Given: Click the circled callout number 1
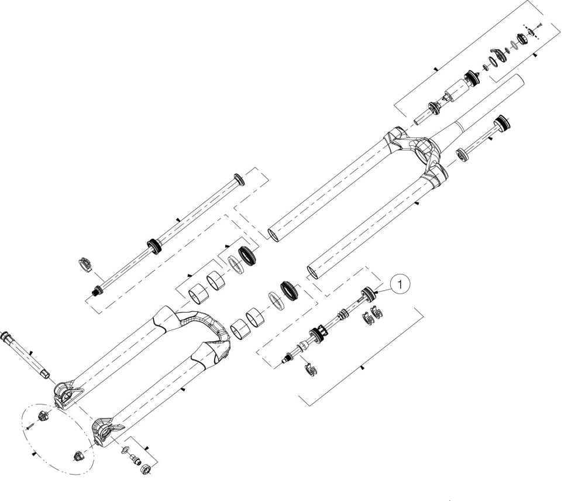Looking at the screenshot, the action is pos(400,284).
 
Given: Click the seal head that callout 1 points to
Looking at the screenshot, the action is pos(369,292).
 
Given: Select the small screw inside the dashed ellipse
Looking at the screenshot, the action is pos(32,425).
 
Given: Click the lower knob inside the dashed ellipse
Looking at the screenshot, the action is pos(77,456).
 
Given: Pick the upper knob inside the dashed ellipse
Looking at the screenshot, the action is pos(44,416).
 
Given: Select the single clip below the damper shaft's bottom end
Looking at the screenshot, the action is pos(310,369).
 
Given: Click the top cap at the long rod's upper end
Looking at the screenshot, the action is pos(239,179).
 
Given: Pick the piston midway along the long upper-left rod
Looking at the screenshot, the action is pos(154,246).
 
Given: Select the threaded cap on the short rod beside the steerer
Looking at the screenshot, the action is pos(502,123).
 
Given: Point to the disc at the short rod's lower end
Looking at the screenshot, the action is pos(463,155).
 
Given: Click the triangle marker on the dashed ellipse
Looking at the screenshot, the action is pos(35,454).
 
